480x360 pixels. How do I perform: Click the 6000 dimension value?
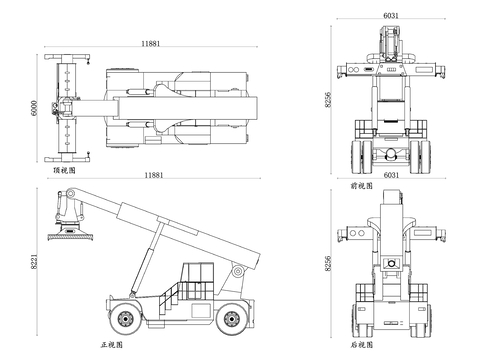click(x=34, y=108)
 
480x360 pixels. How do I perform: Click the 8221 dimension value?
click(x=34, y=262)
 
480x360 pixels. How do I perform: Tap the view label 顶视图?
click(x=65, y=170)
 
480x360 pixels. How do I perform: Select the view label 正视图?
click(x=112, y=344)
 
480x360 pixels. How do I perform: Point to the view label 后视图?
click(x=361, y=344)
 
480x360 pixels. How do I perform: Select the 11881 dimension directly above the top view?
click(x=151, y=43)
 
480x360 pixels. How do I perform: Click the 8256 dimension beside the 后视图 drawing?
click(x=328, y=263)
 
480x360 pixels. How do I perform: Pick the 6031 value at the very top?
click(x=391, y=15)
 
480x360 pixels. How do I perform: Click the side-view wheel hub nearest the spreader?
click(x=125, y=319)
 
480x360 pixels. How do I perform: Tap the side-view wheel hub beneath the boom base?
click(x=231, y=319)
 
